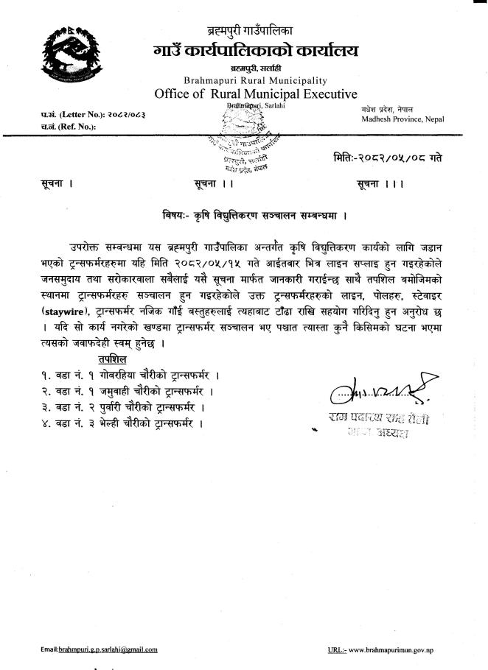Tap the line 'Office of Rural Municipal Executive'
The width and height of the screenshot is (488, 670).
(x=256, y=94)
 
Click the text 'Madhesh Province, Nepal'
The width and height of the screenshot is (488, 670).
(x=397, y=119)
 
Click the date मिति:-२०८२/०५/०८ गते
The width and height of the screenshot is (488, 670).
(x=388, y=158)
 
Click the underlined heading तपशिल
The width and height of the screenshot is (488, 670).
(x=111, y=359)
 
